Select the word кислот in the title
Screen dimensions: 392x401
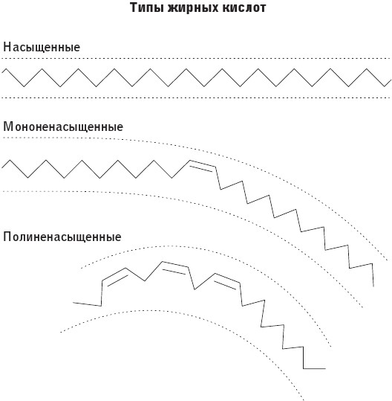(244, 7)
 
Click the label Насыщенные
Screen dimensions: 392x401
(42, 48)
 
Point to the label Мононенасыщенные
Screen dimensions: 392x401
(63, 127)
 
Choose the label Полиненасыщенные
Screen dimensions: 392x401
(62, 237)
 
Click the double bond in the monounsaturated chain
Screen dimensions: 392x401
(202, 166)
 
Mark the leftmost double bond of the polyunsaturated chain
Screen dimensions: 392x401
(114, 277)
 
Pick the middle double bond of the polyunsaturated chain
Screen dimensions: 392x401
(174, 268)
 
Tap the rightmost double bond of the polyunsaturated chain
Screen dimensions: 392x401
(226, 281)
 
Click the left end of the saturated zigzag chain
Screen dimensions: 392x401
(2, 72)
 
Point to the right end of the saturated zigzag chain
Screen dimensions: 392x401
(391, 80)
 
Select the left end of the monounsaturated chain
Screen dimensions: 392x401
(2, 167)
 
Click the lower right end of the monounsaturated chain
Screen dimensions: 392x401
(373, 286)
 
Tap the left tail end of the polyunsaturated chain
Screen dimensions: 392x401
(73, 303)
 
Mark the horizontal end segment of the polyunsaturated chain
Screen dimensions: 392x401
(315, 368)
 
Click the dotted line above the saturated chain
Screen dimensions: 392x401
(196, 58)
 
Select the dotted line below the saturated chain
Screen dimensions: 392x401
(196, 97)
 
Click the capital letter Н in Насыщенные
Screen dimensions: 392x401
(7, 48)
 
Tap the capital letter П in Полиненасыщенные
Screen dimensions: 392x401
(7, 237)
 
